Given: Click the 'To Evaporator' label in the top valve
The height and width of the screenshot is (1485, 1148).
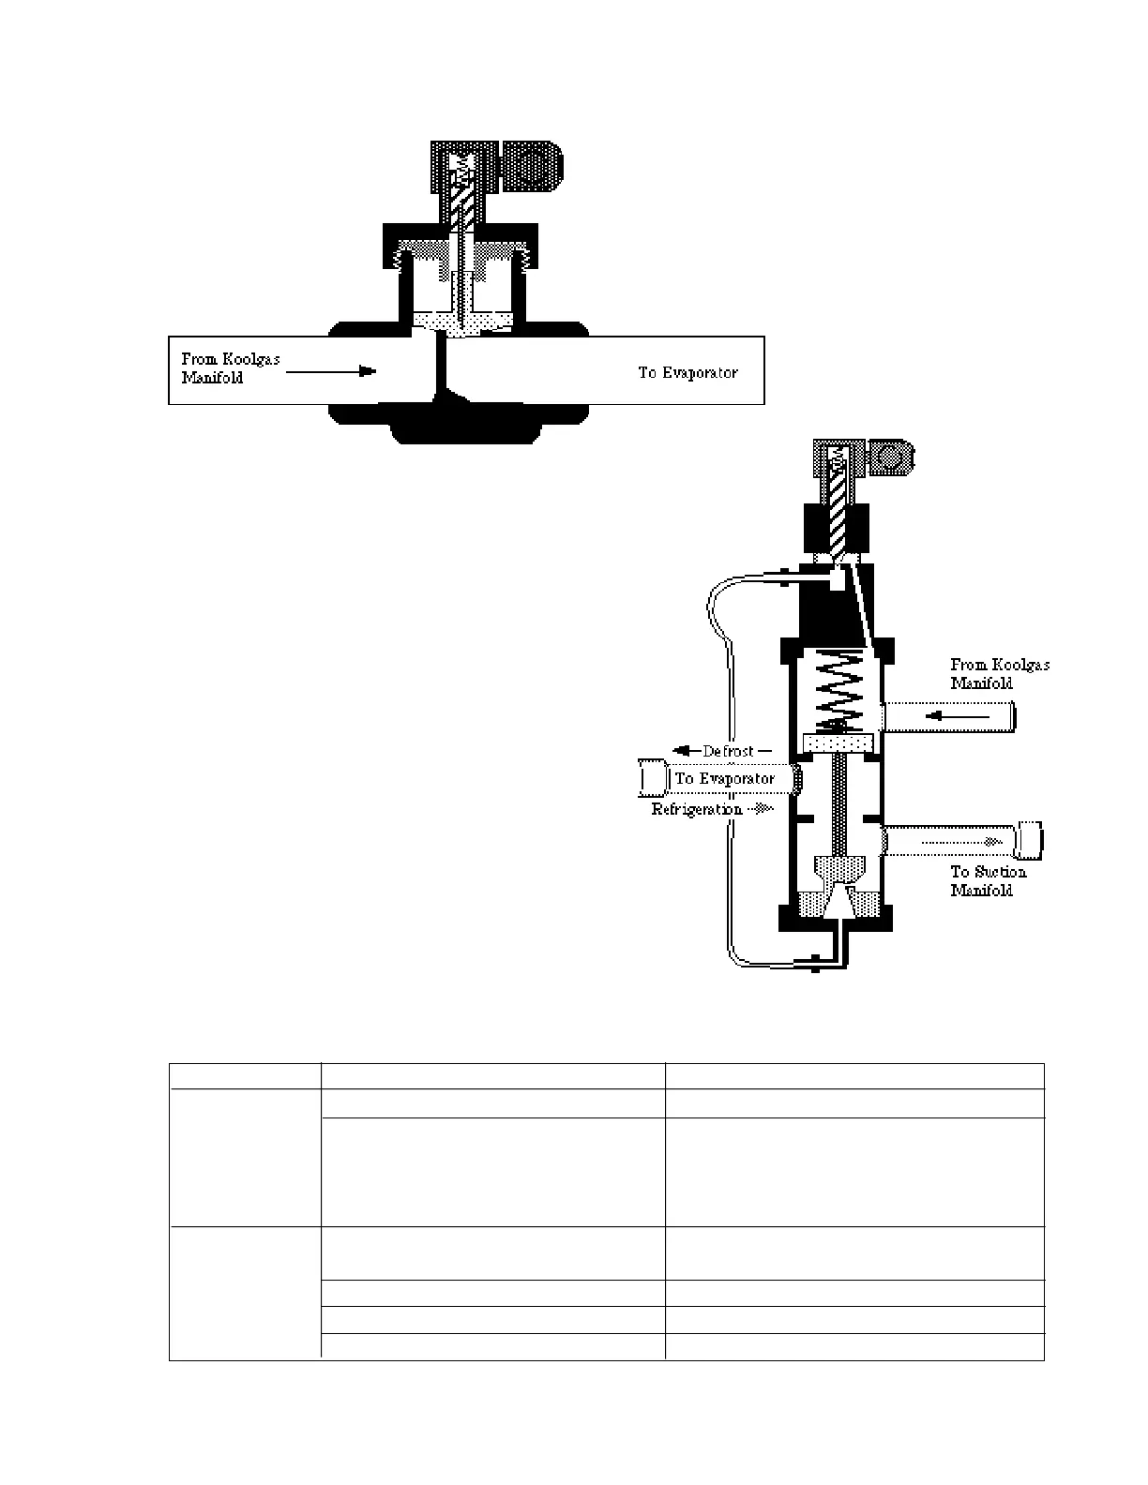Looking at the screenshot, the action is coord(687,373).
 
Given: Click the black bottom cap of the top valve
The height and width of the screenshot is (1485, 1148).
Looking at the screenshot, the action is coord(465,426).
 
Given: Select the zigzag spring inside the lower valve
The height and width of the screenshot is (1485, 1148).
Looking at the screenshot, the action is coord(837,695).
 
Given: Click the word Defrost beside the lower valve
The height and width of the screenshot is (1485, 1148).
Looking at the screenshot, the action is coord(729,751).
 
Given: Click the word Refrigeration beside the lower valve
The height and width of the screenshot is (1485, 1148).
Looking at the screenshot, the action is coord(698,809).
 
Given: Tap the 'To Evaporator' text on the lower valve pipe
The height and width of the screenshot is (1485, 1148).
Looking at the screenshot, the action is coord(725,779).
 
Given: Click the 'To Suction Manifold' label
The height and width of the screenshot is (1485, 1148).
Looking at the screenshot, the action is coord(988,881).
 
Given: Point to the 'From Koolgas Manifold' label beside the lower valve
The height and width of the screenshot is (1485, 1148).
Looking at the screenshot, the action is coord(999,674).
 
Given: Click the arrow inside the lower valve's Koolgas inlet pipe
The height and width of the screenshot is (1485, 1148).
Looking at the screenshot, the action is coord(957,717).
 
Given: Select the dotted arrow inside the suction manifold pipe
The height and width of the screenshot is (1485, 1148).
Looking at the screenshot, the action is coord(955,842).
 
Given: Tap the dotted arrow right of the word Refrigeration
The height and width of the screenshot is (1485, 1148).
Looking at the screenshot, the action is coord(762,809).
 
